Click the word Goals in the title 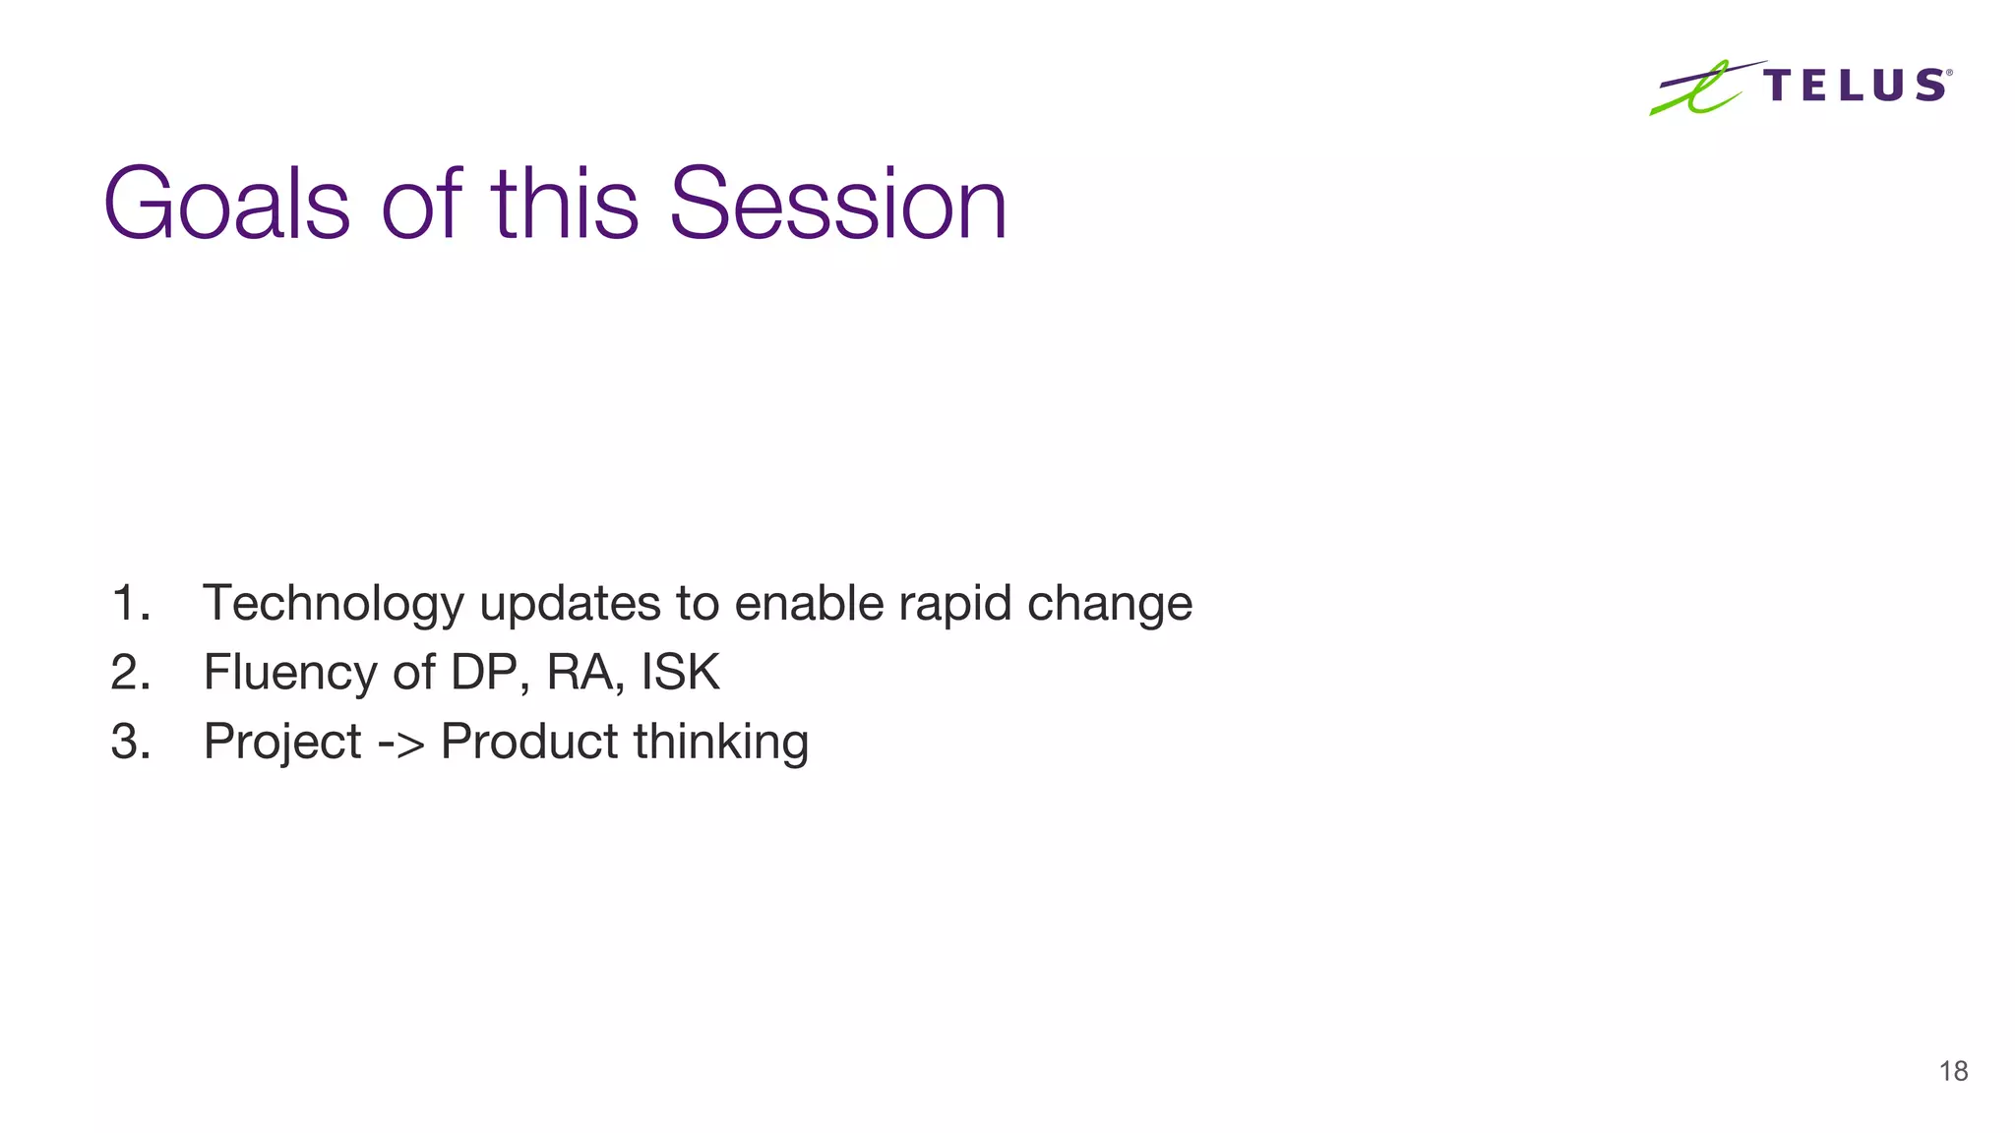226,204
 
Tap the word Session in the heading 837,204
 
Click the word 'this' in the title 565,204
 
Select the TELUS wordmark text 1856,86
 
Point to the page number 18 1953,1071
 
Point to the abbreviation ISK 681,673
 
